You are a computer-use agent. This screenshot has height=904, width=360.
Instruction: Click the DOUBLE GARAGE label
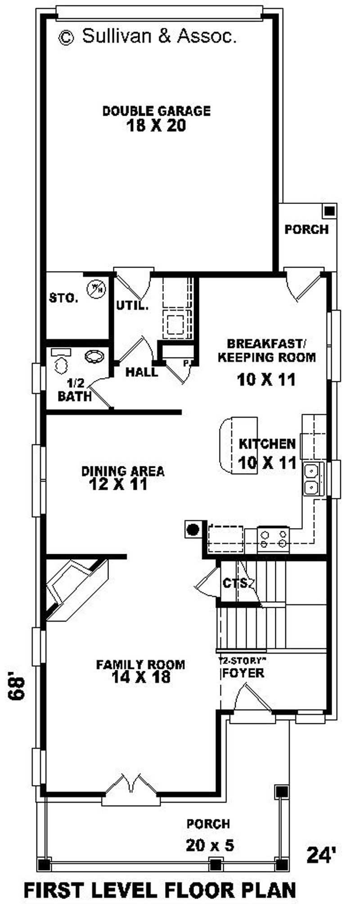[157, 111]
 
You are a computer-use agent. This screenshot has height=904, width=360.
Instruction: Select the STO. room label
[63, 298]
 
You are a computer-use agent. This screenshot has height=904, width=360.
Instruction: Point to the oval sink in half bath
[94, 357]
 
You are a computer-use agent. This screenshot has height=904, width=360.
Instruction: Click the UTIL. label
[132, 306]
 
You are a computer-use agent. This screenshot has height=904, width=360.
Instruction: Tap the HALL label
[142, 372]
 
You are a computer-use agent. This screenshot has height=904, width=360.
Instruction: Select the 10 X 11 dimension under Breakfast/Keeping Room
[266, 380]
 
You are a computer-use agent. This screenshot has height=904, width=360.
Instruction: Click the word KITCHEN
[267, 444]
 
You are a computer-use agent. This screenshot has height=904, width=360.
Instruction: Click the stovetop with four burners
[273, 539]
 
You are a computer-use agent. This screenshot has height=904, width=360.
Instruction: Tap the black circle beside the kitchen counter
[193, 529]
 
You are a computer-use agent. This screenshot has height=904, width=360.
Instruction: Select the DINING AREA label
[123, 471]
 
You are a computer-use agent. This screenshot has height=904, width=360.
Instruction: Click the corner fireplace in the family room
[76, 589]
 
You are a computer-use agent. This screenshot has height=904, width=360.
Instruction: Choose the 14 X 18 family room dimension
[141, 677]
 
